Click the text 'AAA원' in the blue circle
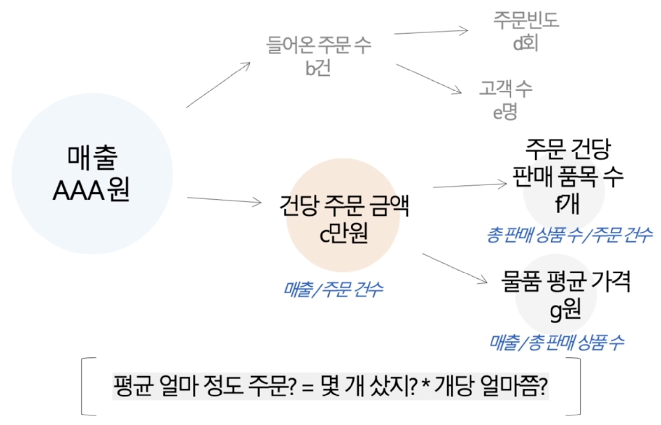point(91,190)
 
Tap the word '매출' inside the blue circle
point(92,157)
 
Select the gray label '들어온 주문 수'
point(318,45)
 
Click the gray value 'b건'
point(317,68)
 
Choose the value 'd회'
point(526,43)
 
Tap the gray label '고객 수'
point(506,88)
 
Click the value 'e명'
point(505,111)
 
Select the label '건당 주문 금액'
point(344,206)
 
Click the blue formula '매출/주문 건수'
point(333,289)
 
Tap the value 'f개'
point(568,204)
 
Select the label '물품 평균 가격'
point(566,281)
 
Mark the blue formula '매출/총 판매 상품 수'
point(557,342)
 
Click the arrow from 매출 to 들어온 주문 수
point(218,85)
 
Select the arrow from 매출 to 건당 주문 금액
point(224,200)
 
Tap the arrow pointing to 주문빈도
point(431,32)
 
